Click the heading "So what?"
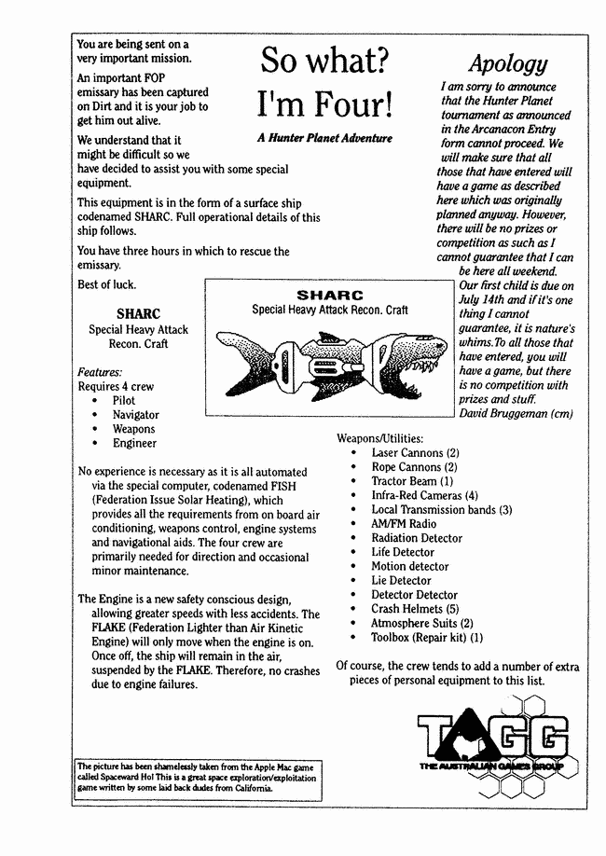point(324,62)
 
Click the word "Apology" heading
point(507,63)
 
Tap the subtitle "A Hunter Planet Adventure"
point(324,138)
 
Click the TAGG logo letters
point(492,736)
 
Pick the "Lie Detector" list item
point(401,580)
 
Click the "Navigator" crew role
point(135,415)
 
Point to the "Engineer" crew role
point(134,443)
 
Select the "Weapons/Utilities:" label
point(379,438)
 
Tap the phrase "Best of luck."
point(106,283)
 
